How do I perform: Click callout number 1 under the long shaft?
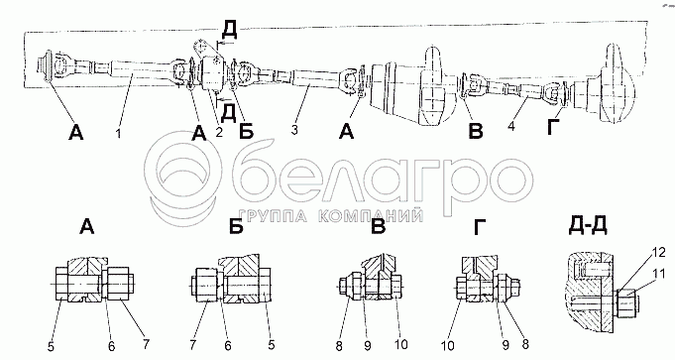[118, 134]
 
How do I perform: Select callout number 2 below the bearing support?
[219, 132]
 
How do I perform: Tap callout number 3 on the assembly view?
[294, 130]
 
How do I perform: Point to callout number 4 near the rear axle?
[511, 127]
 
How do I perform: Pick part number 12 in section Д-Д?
[659, 252]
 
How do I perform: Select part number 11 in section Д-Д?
[658, 274]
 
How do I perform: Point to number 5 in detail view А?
[51, 346]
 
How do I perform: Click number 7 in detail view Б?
[193, 344]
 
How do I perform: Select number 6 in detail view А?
[111, 346]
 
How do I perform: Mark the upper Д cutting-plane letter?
[229, 30]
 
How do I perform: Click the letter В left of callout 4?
[476, 131]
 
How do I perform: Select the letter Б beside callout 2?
[246, 132]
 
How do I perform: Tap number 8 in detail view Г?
[524, 344]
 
